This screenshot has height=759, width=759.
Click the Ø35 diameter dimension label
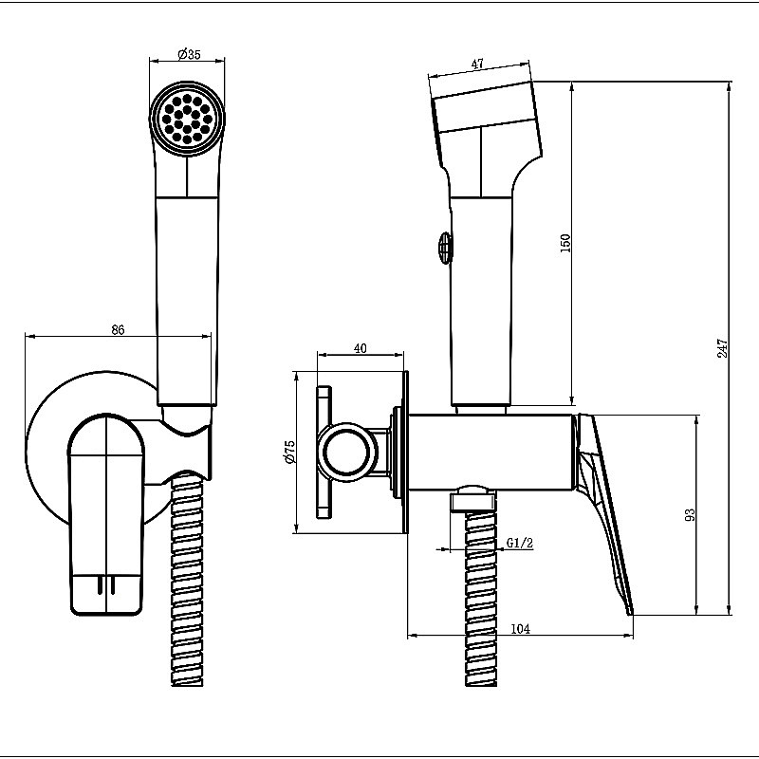[188, 54]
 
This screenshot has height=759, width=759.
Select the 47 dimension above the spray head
[477, 64]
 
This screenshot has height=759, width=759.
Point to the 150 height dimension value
[565, 243]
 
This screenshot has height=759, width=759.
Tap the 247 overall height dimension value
[722, 348]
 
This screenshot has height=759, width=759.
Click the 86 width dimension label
[118, 329]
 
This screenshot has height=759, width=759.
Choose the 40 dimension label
[361, 348]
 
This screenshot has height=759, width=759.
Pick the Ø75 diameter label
[289, 452]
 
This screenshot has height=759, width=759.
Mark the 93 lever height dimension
[691, 514]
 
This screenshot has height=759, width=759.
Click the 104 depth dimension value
[520, 629]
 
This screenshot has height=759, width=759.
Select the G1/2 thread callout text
[520, 543]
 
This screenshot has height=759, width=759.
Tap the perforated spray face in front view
[187, 120]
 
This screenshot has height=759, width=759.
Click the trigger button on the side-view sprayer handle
[445, 247]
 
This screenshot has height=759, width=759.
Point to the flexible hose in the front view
[187, 580]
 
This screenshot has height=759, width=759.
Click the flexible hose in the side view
[481, 598]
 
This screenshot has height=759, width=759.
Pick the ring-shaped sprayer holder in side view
[344, 452]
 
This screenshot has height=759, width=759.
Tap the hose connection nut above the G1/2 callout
[473, 498]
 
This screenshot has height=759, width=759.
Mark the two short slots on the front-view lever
[105, 584]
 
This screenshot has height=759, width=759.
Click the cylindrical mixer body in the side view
[491, 451]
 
